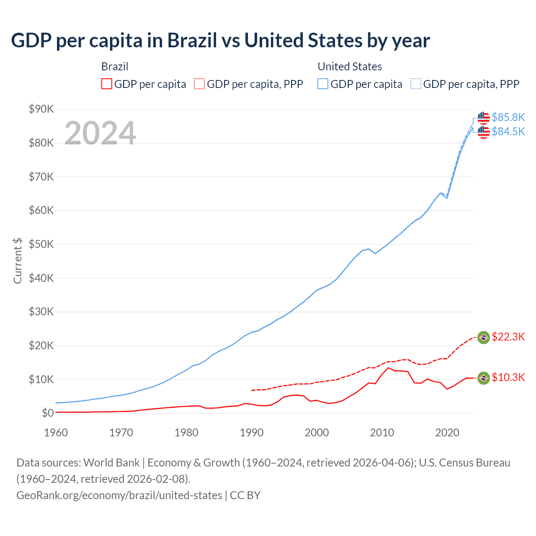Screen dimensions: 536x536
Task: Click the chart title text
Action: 220,41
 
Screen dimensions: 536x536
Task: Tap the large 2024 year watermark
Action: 100,133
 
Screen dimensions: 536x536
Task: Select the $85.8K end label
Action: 508,117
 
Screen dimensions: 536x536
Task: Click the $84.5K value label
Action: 508,131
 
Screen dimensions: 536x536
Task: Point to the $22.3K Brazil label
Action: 508,337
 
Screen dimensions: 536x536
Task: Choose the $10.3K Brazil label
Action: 508,377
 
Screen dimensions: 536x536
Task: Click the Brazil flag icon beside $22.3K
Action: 484,338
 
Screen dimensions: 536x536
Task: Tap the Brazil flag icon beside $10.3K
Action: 484,378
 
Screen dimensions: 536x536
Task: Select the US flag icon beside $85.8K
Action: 484,118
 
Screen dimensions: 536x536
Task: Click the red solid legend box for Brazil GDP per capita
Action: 107,84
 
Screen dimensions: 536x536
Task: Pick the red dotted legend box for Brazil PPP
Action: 199,84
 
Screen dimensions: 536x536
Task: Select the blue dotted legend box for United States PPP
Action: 416,84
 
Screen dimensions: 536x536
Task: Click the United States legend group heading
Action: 350,67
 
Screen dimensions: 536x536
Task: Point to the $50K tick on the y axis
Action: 41,244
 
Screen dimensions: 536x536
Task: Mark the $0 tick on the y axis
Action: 48,413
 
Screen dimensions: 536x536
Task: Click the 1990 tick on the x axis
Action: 252,433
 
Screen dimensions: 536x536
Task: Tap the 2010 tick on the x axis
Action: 382,433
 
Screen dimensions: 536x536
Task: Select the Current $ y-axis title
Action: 18,261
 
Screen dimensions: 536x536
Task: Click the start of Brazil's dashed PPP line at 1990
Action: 252,390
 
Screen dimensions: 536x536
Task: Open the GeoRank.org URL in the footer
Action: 119,495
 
